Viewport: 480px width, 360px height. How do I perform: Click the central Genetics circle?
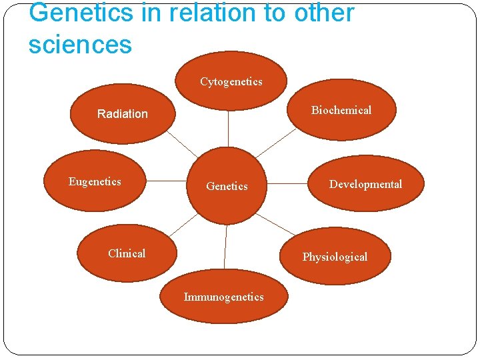(x=226, y=187)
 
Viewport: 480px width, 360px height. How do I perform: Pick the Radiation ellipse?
(x=123, y=114)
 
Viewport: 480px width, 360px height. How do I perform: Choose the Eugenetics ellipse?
(x=95, y=181)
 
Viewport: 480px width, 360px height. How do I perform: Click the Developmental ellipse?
(x=367, y=184)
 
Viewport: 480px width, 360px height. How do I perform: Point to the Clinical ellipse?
(x=127, y=253)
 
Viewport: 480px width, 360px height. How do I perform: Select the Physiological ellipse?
(x=335, y=257)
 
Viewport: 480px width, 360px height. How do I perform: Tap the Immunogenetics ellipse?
(x=224, y=297)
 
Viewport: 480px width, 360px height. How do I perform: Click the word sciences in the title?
(x=80, y=44)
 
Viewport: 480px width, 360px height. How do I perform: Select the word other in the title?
(x=317, y=13)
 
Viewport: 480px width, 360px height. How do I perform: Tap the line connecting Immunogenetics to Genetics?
(x=225, y=246)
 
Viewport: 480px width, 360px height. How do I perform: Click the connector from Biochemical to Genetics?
(x=275, y=143)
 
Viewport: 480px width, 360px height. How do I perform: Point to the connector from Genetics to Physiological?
(x=275, y=224)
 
